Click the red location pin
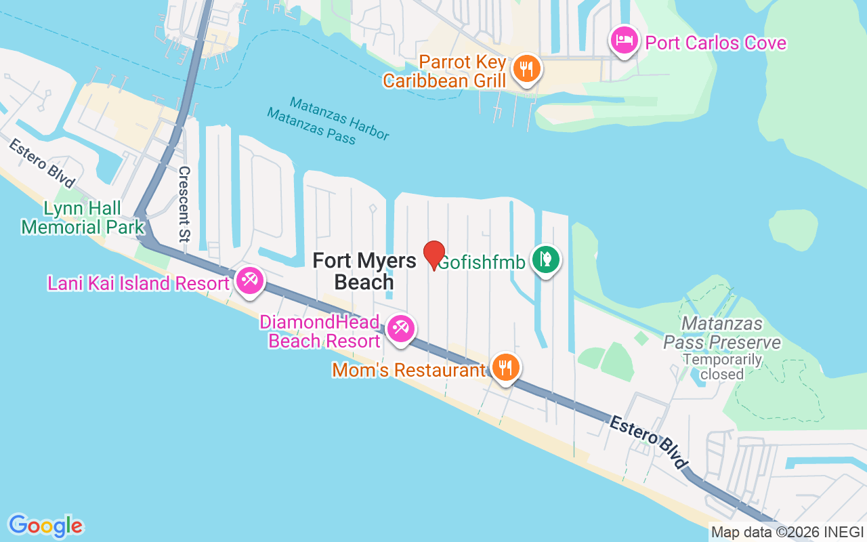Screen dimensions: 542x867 click(x=434, y=255)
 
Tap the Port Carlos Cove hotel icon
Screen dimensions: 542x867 click(x=622, y=40)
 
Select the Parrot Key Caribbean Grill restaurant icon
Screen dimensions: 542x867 click(x=526, y=68)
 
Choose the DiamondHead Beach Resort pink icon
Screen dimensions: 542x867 click(x=400, y=329)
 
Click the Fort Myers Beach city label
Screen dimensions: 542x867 click(x=364, y=271)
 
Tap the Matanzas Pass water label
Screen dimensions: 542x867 click(x=311, y=125)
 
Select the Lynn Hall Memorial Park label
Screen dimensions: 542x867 click(x=83, y=217)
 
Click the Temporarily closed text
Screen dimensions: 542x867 click(x=722, y=367)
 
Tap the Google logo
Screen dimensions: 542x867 click(x=45, y=526)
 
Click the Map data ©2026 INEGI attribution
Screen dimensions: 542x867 click(x=786, y=533)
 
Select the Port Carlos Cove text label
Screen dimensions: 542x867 click(x=715, y=43)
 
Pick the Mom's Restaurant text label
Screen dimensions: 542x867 click(x=408, y=371)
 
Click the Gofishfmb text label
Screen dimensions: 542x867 click(x=482, y=262)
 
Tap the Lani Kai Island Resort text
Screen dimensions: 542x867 click(x=138, y=283)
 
